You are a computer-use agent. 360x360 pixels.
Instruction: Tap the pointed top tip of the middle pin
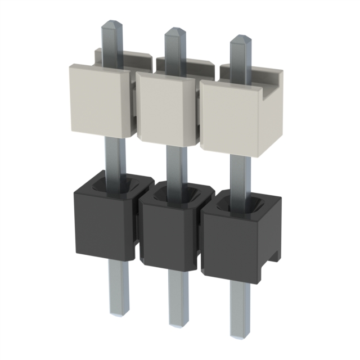coord(175,30)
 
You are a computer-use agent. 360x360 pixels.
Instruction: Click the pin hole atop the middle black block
coord(179,193)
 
